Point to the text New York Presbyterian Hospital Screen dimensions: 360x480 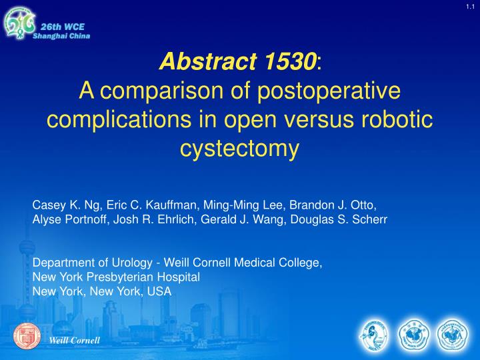tap(117, 277)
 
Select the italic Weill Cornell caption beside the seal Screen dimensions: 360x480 tap(75, 341)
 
